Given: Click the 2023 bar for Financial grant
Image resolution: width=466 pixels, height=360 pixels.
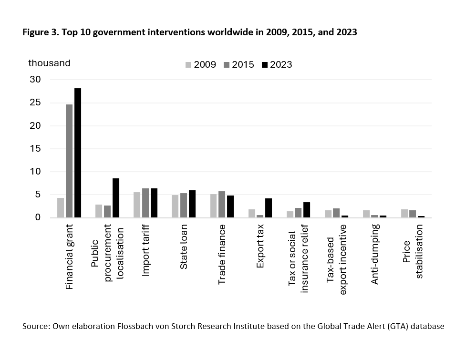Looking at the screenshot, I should pos(78,153).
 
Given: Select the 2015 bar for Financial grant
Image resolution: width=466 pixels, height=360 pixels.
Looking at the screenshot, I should pos(69,161).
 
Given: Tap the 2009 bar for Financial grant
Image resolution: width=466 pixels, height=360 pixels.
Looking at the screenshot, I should pos(61,208).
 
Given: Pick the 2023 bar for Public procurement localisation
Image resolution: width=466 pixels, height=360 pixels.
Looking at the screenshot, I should pos(116,198).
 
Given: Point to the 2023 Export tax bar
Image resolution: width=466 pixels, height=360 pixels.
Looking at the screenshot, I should pos(269,208).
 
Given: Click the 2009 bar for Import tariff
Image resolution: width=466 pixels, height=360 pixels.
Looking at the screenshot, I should pos(137,205).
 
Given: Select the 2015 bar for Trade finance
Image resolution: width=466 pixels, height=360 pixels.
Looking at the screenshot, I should pos(222,205).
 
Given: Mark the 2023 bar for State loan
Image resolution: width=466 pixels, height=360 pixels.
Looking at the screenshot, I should pos(192,204).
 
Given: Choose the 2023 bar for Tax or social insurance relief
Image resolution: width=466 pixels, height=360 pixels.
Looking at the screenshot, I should pos(307,210).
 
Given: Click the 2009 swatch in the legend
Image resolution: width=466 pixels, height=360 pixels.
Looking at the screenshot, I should pos(188,65).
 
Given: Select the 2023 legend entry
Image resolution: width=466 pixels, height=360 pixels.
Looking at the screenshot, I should pos(277,65).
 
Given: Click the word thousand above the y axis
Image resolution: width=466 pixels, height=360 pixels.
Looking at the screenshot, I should pos(49,63).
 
